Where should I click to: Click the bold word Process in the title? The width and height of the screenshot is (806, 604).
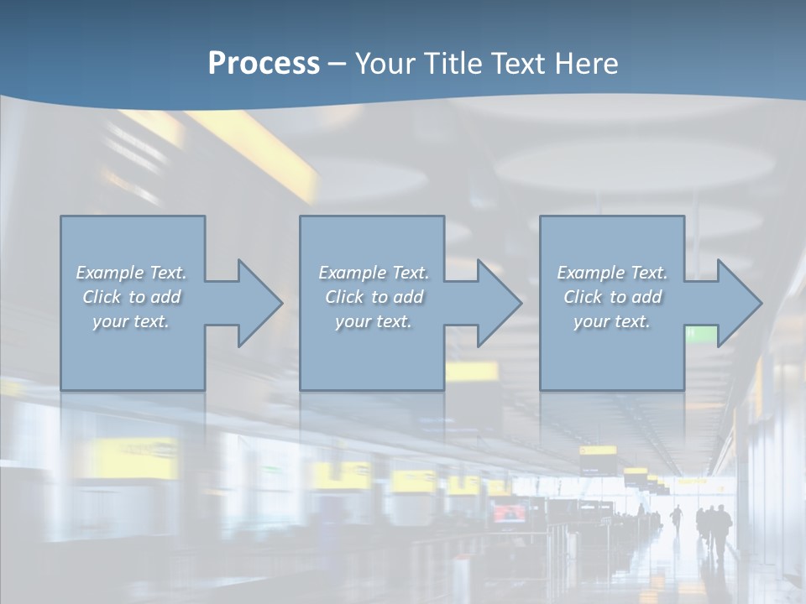tap(264, 64)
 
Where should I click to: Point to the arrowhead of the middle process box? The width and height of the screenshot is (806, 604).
tap(497, 303)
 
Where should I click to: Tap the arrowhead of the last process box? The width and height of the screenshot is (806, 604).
tap(737, 303)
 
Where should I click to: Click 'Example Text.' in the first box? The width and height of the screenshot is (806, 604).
tap(131, 273)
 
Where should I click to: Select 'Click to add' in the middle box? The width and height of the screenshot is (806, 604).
tap(374, 297)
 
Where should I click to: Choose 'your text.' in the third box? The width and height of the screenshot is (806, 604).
tap(612, 321)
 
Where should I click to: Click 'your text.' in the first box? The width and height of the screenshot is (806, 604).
tap(131, 321)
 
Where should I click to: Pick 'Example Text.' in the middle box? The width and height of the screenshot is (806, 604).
tap(374, 273)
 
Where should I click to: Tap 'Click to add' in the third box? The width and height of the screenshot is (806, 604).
tap(612, 297)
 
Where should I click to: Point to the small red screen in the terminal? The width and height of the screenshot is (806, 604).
tap(509, 513)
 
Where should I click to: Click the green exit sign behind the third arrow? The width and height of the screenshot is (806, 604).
tap(702, 336)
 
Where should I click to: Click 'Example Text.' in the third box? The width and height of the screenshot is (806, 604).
tap(612, 273)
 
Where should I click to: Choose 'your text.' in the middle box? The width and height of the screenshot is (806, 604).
tap(374, 321)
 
